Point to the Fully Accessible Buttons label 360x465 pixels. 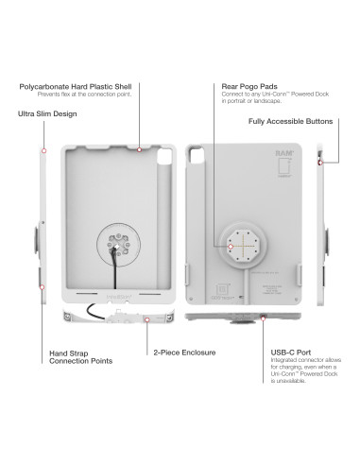pos(294,122)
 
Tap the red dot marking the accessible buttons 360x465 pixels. pos(321,162)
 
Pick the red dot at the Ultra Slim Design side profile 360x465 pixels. pos(44,150)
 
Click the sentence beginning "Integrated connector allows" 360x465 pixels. pos(300,370)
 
